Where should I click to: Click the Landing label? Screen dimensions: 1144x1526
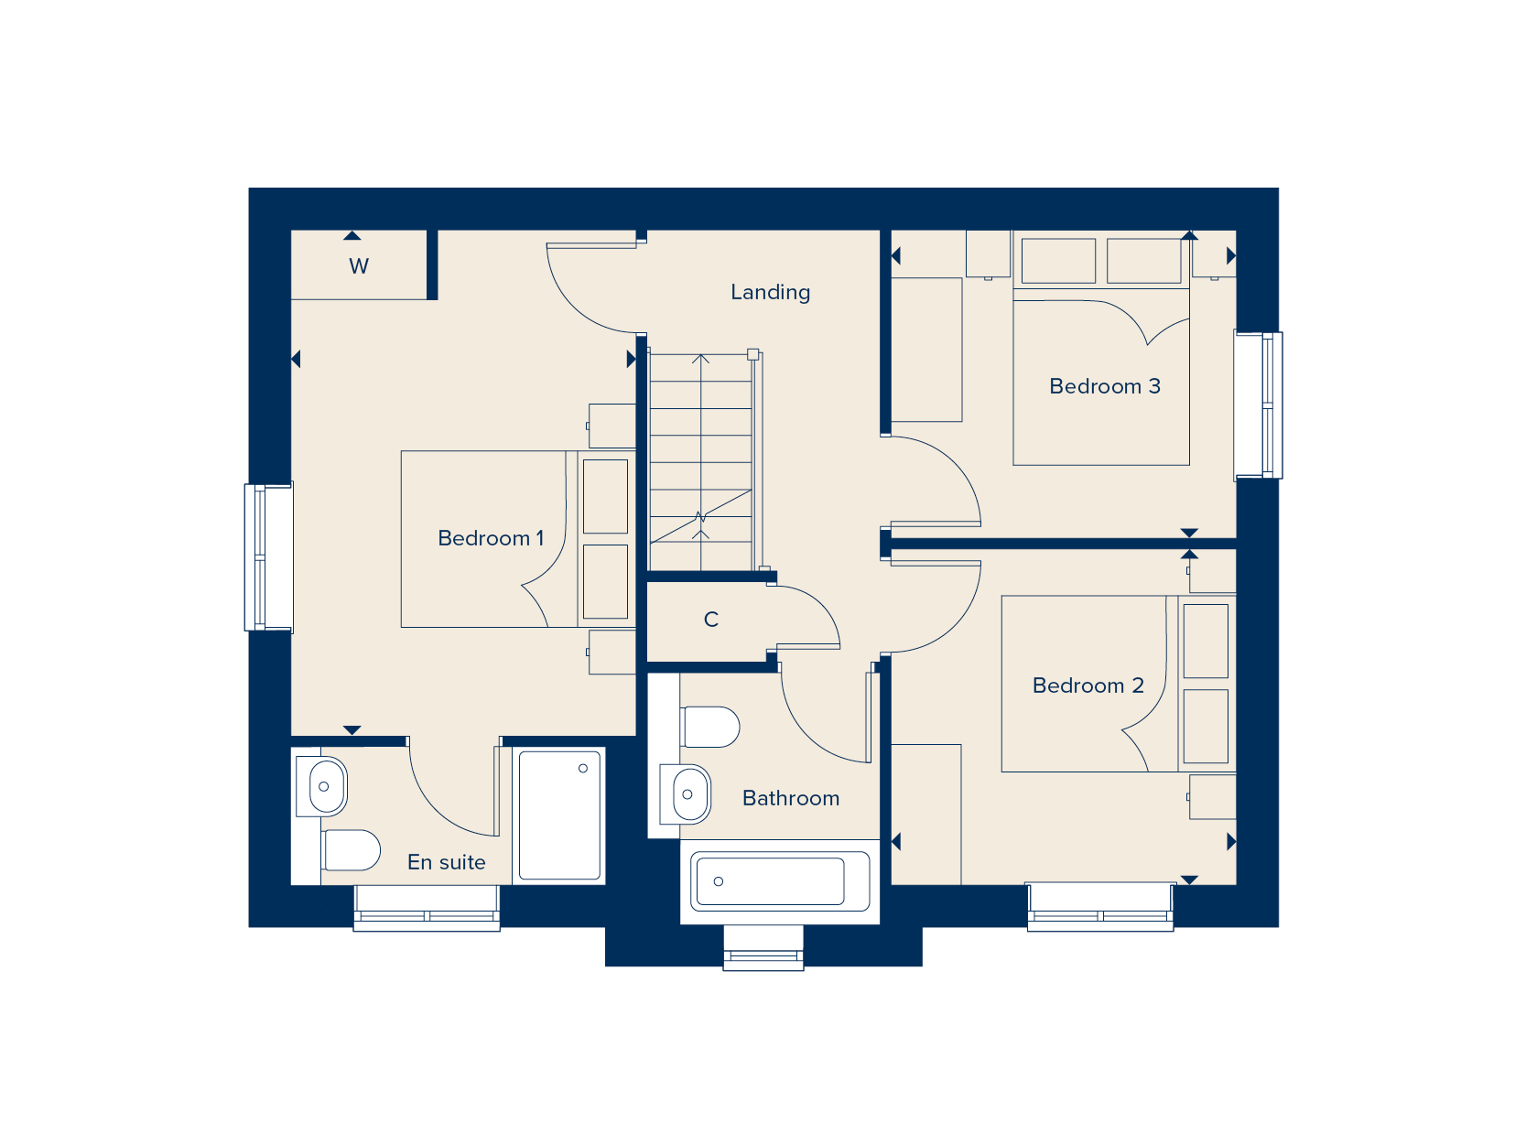point(770,292)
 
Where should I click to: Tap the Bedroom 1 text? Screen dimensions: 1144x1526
point(491,538)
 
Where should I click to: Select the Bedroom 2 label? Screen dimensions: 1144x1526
point(1088,685)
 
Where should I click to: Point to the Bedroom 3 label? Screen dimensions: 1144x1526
point(1104,386)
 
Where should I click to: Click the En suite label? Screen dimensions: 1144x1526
point(446,862)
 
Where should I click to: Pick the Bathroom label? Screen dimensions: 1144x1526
point(790,798)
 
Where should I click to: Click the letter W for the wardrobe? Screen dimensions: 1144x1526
point(359,266)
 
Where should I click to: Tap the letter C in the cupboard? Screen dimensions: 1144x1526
point(711,620)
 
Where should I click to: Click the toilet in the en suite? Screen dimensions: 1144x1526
point(352,850)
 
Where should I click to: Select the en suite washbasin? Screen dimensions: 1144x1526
point(323,786)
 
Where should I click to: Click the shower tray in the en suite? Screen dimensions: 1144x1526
point(559,815)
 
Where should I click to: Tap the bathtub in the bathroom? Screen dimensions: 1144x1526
point(780,881)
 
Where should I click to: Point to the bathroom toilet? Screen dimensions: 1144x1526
point(710,727)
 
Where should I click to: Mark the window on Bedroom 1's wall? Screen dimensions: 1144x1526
point(268,556)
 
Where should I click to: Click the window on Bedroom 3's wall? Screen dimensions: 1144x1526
point(1259,405)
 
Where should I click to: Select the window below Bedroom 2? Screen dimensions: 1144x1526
point(1100,908)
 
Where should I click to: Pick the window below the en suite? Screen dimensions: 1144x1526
point(427,909)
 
